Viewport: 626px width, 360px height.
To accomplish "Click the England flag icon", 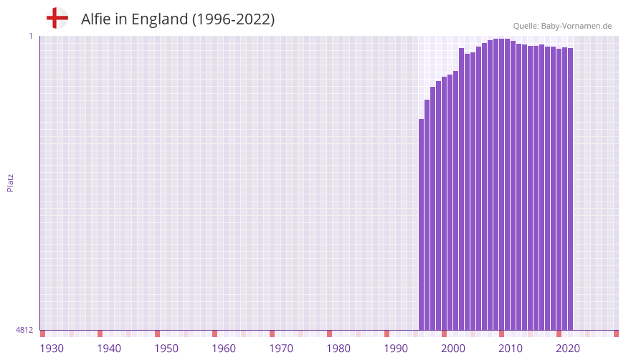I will click(x=57, y=18).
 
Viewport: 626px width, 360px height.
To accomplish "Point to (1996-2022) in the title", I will click(x=233, y=19).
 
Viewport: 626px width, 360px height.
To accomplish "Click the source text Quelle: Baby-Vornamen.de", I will click(x=561, y=26).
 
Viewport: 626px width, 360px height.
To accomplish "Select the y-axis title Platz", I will click(x=10, y=182).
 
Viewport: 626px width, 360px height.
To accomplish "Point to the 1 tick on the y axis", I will click(x=30, y=36).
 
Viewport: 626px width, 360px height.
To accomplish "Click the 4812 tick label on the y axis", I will click(x=24, y=330).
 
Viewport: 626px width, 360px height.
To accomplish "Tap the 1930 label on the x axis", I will click(x=52, y=349).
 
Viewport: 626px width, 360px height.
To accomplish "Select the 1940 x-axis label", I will click(x=109, y=349).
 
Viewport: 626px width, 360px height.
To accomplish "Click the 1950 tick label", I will click(x=166, y=349).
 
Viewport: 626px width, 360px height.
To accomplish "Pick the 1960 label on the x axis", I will click(x=224, y=349).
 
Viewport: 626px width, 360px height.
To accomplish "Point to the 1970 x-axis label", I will click(x=281, y=349).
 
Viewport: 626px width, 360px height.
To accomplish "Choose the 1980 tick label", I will click(x=338, y=349).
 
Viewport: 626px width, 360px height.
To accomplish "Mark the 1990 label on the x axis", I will click(x=396, y=349).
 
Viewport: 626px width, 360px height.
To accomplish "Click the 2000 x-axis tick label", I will click(x=453, y=349).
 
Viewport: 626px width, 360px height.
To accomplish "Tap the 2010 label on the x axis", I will click(x=511, y=349).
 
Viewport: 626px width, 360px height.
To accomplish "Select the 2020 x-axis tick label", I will click(x=568, y=349).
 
